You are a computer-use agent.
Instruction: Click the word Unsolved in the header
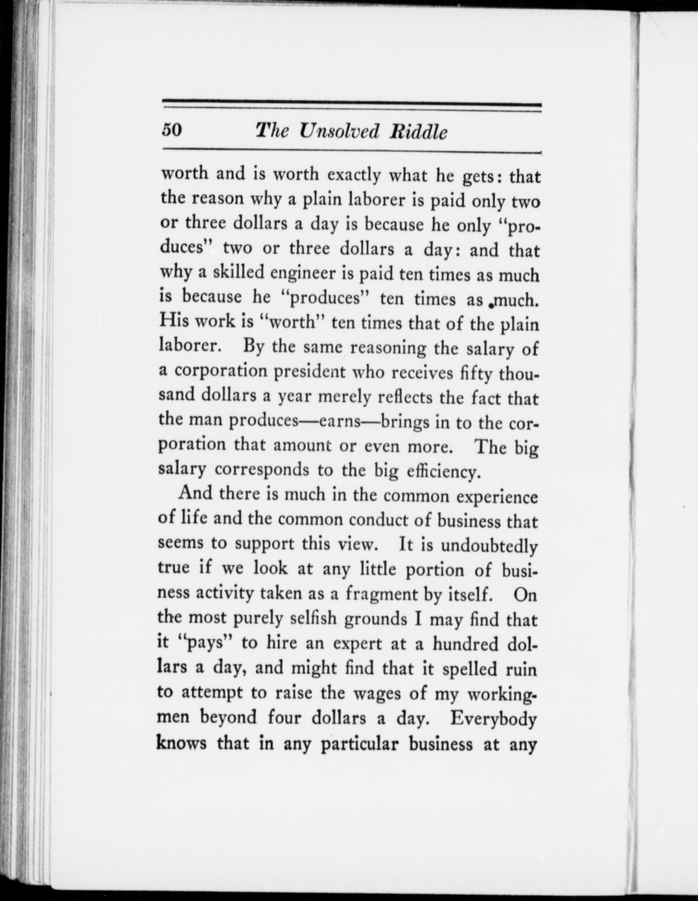(339, 131)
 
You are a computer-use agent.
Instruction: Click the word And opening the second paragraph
(195, 493)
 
